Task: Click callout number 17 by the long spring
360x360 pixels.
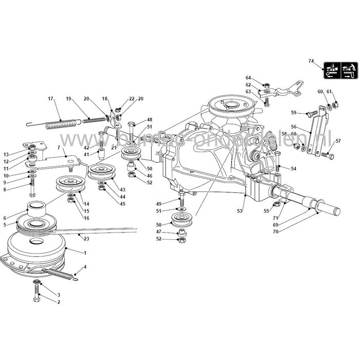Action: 50,98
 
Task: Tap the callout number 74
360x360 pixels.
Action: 311,61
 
